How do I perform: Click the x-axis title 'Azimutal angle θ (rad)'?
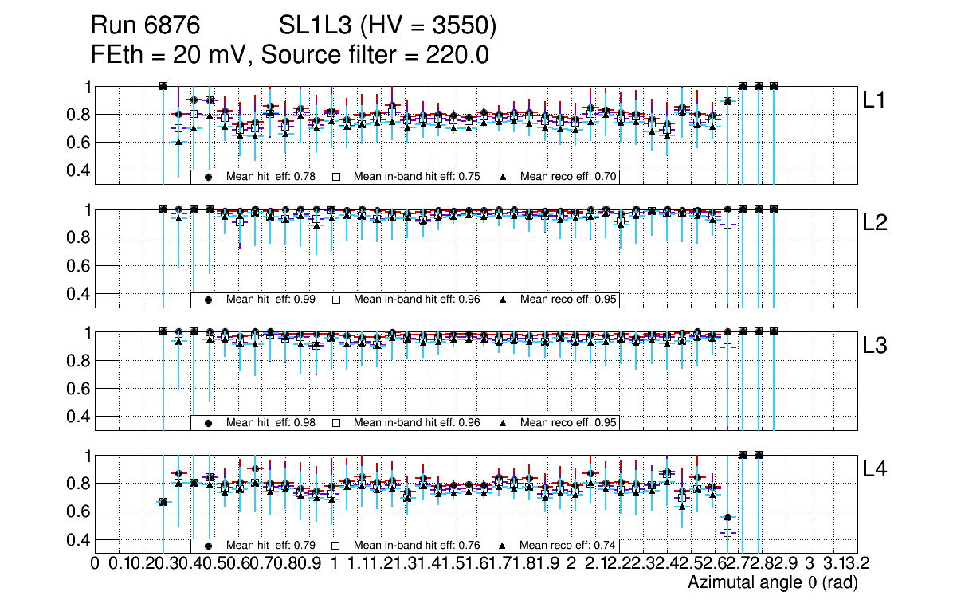tap(772, 582)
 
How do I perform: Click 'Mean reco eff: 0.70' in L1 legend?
tap(568, 177)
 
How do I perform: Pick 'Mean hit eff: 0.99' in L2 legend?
tap(271, 300)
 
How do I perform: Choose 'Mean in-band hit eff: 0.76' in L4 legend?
tap(417, 546)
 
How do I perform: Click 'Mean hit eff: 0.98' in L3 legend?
tap(271, 423)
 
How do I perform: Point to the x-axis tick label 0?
tap(96, 564)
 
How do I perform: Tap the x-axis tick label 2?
tap(571, 564)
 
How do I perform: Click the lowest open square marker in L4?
tap(727, 532)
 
